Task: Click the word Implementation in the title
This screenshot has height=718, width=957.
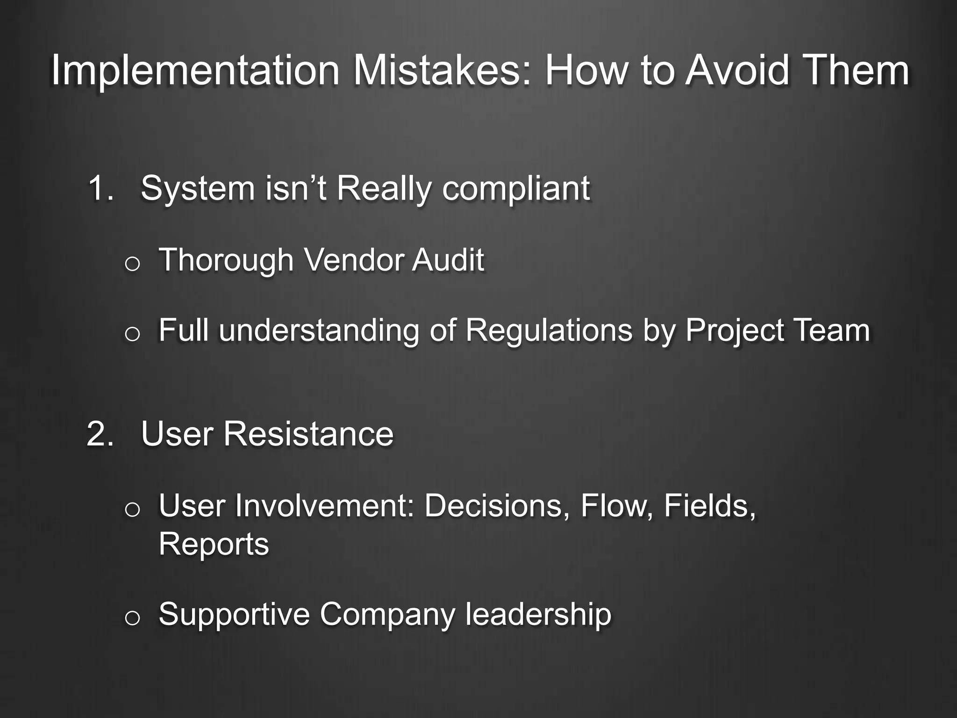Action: coord(195,71)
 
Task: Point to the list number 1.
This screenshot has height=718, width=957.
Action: coord(100,188)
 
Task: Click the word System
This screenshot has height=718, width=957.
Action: coord(198,188)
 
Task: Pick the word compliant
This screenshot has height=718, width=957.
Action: coord(516,188)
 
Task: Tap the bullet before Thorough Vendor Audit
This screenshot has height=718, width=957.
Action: coord(132,264)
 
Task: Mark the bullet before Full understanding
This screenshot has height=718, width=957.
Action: coord(132,334)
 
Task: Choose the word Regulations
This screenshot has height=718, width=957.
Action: coord(549,330)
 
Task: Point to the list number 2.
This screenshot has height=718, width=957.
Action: coord(100,434)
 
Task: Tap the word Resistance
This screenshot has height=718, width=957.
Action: coord(308,434)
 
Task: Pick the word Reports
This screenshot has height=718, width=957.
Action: coord(214,544)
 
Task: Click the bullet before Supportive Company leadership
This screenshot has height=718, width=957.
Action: coord(132,618)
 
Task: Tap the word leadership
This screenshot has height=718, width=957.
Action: coord(538,614)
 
